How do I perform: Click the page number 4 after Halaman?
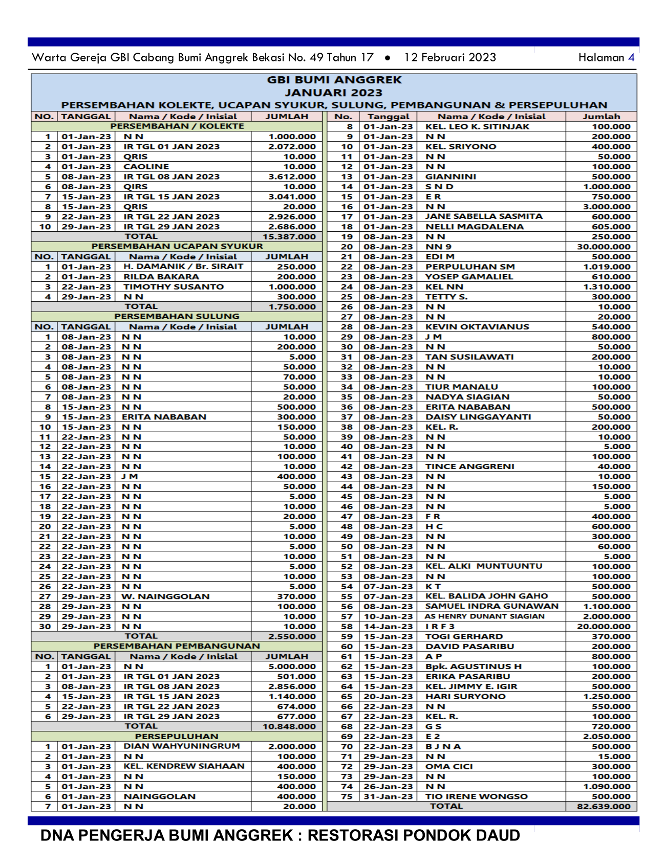click(631, 57)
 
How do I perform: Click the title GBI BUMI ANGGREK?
click(334, 80)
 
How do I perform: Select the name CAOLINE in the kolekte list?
click(146, 167)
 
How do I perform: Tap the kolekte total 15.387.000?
click(289, 236)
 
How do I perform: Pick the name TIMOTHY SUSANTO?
click(174, 287)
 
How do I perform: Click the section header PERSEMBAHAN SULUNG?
click(177, 316)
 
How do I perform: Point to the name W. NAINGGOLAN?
click(165, 596)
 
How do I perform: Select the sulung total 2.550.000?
click(292, 636)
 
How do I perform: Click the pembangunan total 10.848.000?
click(289, 726)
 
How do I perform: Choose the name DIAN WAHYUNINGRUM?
click(181, 746)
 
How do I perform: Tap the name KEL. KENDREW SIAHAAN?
click(184, 766)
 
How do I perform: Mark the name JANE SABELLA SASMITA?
click(484, 216)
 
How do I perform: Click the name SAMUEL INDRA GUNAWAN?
click(492, 606)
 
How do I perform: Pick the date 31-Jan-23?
click(388, 796)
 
